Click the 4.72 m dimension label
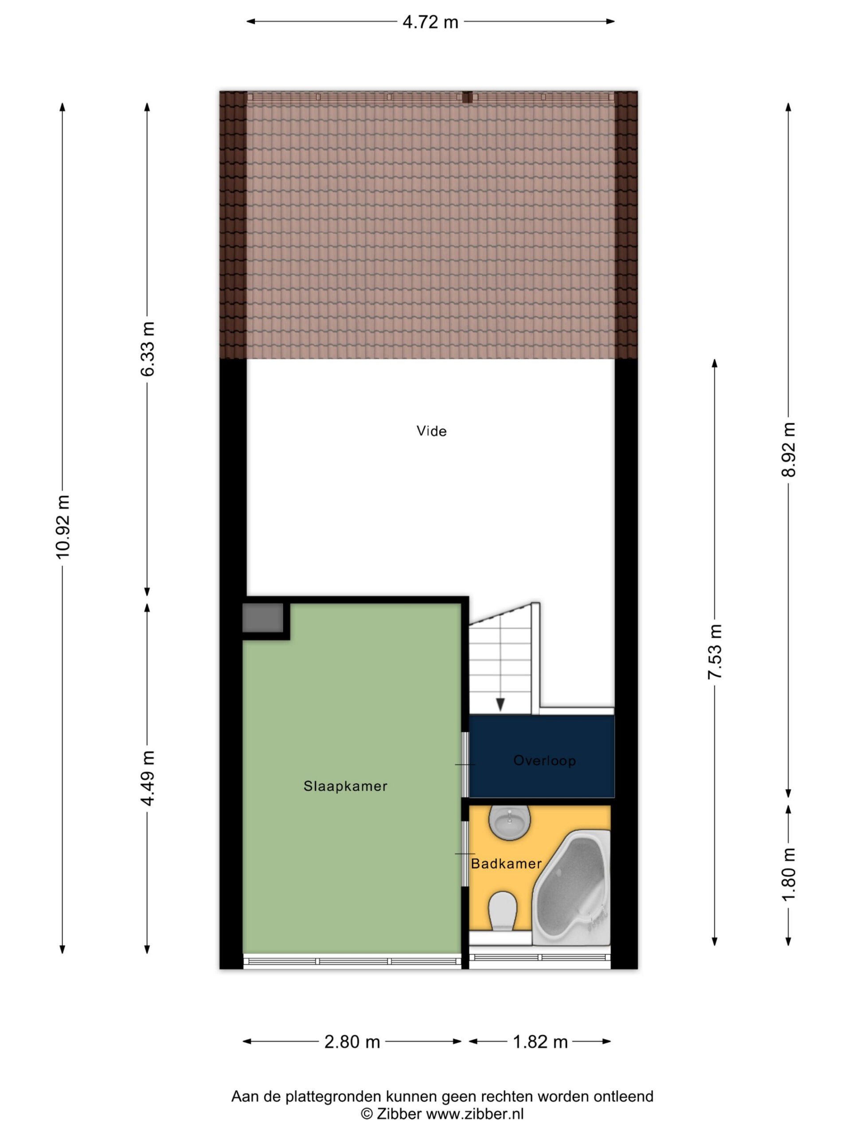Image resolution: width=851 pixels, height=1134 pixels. pyautogui.click(x=430, y=22)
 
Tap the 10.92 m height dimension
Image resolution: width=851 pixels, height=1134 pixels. pyautogui.click(x=62, y=527)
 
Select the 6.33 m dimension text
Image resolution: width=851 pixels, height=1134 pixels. pyautogui.click(x=147, y=349)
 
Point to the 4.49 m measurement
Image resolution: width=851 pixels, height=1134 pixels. pyautogui.click(x=147, y=778)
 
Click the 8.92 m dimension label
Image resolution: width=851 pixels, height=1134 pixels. pyautogui.click(x=788, y=450)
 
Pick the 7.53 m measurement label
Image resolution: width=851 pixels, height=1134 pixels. pyautogui.click(x=714, y=652)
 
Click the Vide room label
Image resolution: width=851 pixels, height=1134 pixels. pyautogui.click(x=431, y=431)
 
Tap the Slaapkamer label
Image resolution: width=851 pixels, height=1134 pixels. pyautogui.click(x=345, y=786)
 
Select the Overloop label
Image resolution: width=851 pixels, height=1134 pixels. pyautogui.click(x=544, y=760)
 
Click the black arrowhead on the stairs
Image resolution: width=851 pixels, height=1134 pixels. pyautogui.click(x=500, y=705)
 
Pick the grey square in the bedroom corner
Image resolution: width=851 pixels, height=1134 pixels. pyautogui.click(x=263, y=618)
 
